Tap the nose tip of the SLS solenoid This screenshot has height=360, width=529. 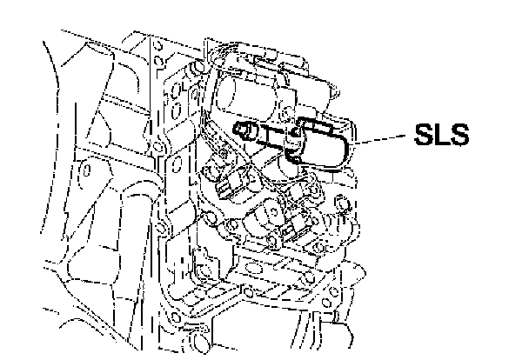tap(240, 129)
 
